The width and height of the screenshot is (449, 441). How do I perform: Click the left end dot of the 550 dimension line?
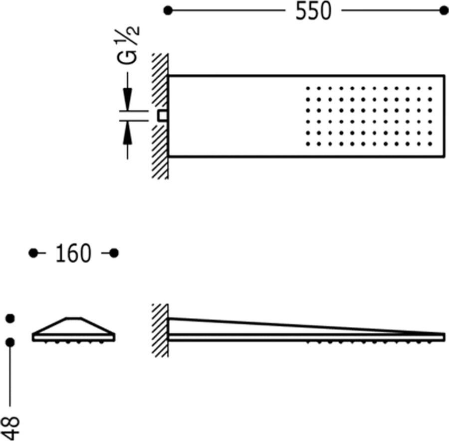click(168, 10)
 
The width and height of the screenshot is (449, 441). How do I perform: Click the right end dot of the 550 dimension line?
click(444, 10)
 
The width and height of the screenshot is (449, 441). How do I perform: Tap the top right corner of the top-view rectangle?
click(445, 76)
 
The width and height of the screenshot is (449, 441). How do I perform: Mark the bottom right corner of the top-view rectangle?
click(445, 156)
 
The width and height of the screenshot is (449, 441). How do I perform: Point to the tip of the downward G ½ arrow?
click(127, 110)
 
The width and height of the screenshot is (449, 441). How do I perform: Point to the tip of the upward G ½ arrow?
click(127, 121)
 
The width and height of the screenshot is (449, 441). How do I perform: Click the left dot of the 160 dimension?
click(33, 253)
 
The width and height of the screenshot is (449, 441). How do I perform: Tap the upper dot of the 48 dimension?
click(10, 318)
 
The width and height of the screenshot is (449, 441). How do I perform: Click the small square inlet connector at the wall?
click(162, 116)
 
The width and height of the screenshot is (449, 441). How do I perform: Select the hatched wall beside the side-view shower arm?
click(160, 330)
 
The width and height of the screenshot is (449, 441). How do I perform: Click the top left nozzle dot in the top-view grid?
click(308, 88)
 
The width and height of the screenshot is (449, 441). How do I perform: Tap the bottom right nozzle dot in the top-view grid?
click(430, 144)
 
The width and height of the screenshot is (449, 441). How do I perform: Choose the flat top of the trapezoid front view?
click(74, 318)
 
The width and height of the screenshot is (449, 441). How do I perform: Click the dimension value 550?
click(313, 11)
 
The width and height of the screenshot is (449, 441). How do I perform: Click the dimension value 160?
click(73, 254)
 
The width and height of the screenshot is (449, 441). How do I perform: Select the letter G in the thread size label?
click(127, 57)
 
